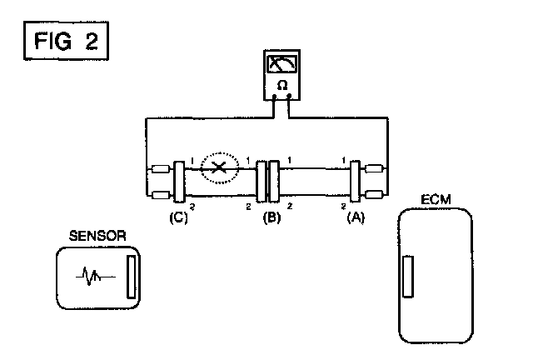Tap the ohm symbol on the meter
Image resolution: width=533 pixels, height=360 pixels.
pyautogui.click(x=281, y=85)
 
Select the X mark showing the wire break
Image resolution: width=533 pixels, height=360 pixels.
pyautogui.click(x=219, y=168)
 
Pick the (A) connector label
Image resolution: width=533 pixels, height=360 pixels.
pyautogui.click(x=356, y=220)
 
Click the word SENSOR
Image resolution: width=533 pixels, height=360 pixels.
pyautogui.click(x=99, y=237)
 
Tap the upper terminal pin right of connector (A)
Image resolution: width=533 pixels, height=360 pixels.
pyautogui.click(x=375, y=169)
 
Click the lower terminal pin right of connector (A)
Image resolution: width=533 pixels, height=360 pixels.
pyautogui.click(x=375, y=195)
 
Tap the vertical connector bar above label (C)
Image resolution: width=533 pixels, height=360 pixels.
pyautogui.click(x=178, y=182)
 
